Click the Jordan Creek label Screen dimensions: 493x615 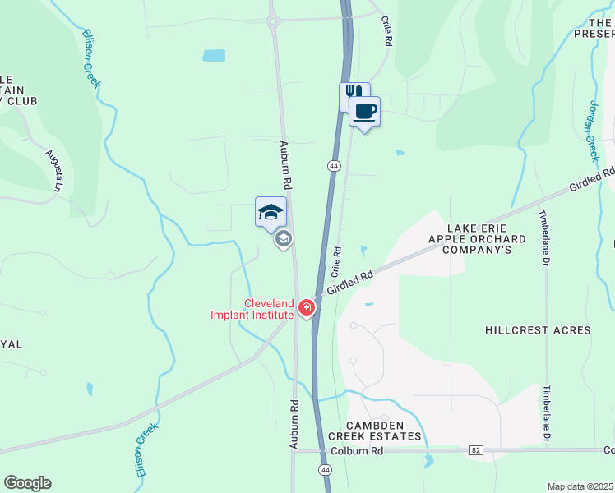click(x=593, y=121)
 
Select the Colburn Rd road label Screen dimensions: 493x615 click(x=358, y=451)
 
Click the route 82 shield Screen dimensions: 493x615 click(x=476, y=450)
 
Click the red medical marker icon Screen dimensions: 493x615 click(x=307, y=308)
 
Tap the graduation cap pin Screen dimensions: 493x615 click(x=271, y=213)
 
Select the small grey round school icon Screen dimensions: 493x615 click(x=284, y=239)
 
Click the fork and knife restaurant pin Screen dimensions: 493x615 click(x=353, y=94)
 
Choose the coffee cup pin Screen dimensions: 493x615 click(x=365, y=112)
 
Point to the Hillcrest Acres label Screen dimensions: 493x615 click(x=538, y=330)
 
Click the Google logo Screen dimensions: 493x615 click(x=27, y=483)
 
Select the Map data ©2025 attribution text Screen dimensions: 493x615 click(x=580, y=486)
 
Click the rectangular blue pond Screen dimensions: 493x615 click(x=214, y=56)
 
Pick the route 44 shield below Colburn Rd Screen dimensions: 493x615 click(x=326, y=469)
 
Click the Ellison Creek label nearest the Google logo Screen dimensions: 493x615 click(x=146, y=444)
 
